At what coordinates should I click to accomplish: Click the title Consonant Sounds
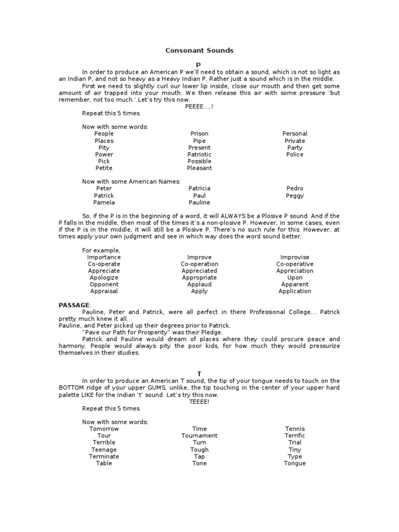[199, 50]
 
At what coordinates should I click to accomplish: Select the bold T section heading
[199, 374]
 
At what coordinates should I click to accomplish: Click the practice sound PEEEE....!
[199, 106]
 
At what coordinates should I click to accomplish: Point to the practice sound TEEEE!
[199, 402]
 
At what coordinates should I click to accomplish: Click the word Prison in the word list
[199, 134]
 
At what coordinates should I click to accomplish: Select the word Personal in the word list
[295, 134]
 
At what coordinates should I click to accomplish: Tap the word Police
[295, 154]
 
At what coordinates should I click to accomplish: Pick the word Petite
[104, 168]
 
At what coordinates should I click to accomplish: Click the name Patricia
[199, 188]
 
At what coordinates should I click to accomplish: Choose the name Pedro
[295, 188]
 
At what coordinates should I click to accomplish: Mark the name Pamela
[104, 202]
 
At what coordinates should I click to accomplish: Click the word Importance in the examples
[104, 257]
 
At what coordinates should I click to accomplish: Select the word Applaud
[199, 284]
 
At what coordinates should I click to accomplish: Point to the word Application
[295, 291]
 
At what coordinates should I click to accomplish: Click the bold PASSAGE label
[74, 305]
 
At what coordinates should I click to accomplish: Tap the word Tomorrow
[104, 429]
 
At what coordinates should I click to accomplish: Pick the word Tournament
[199, 435]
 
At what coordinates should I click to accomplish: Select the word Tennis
[295, 429]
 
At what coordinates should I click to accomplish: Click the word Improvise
[295, 257]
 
